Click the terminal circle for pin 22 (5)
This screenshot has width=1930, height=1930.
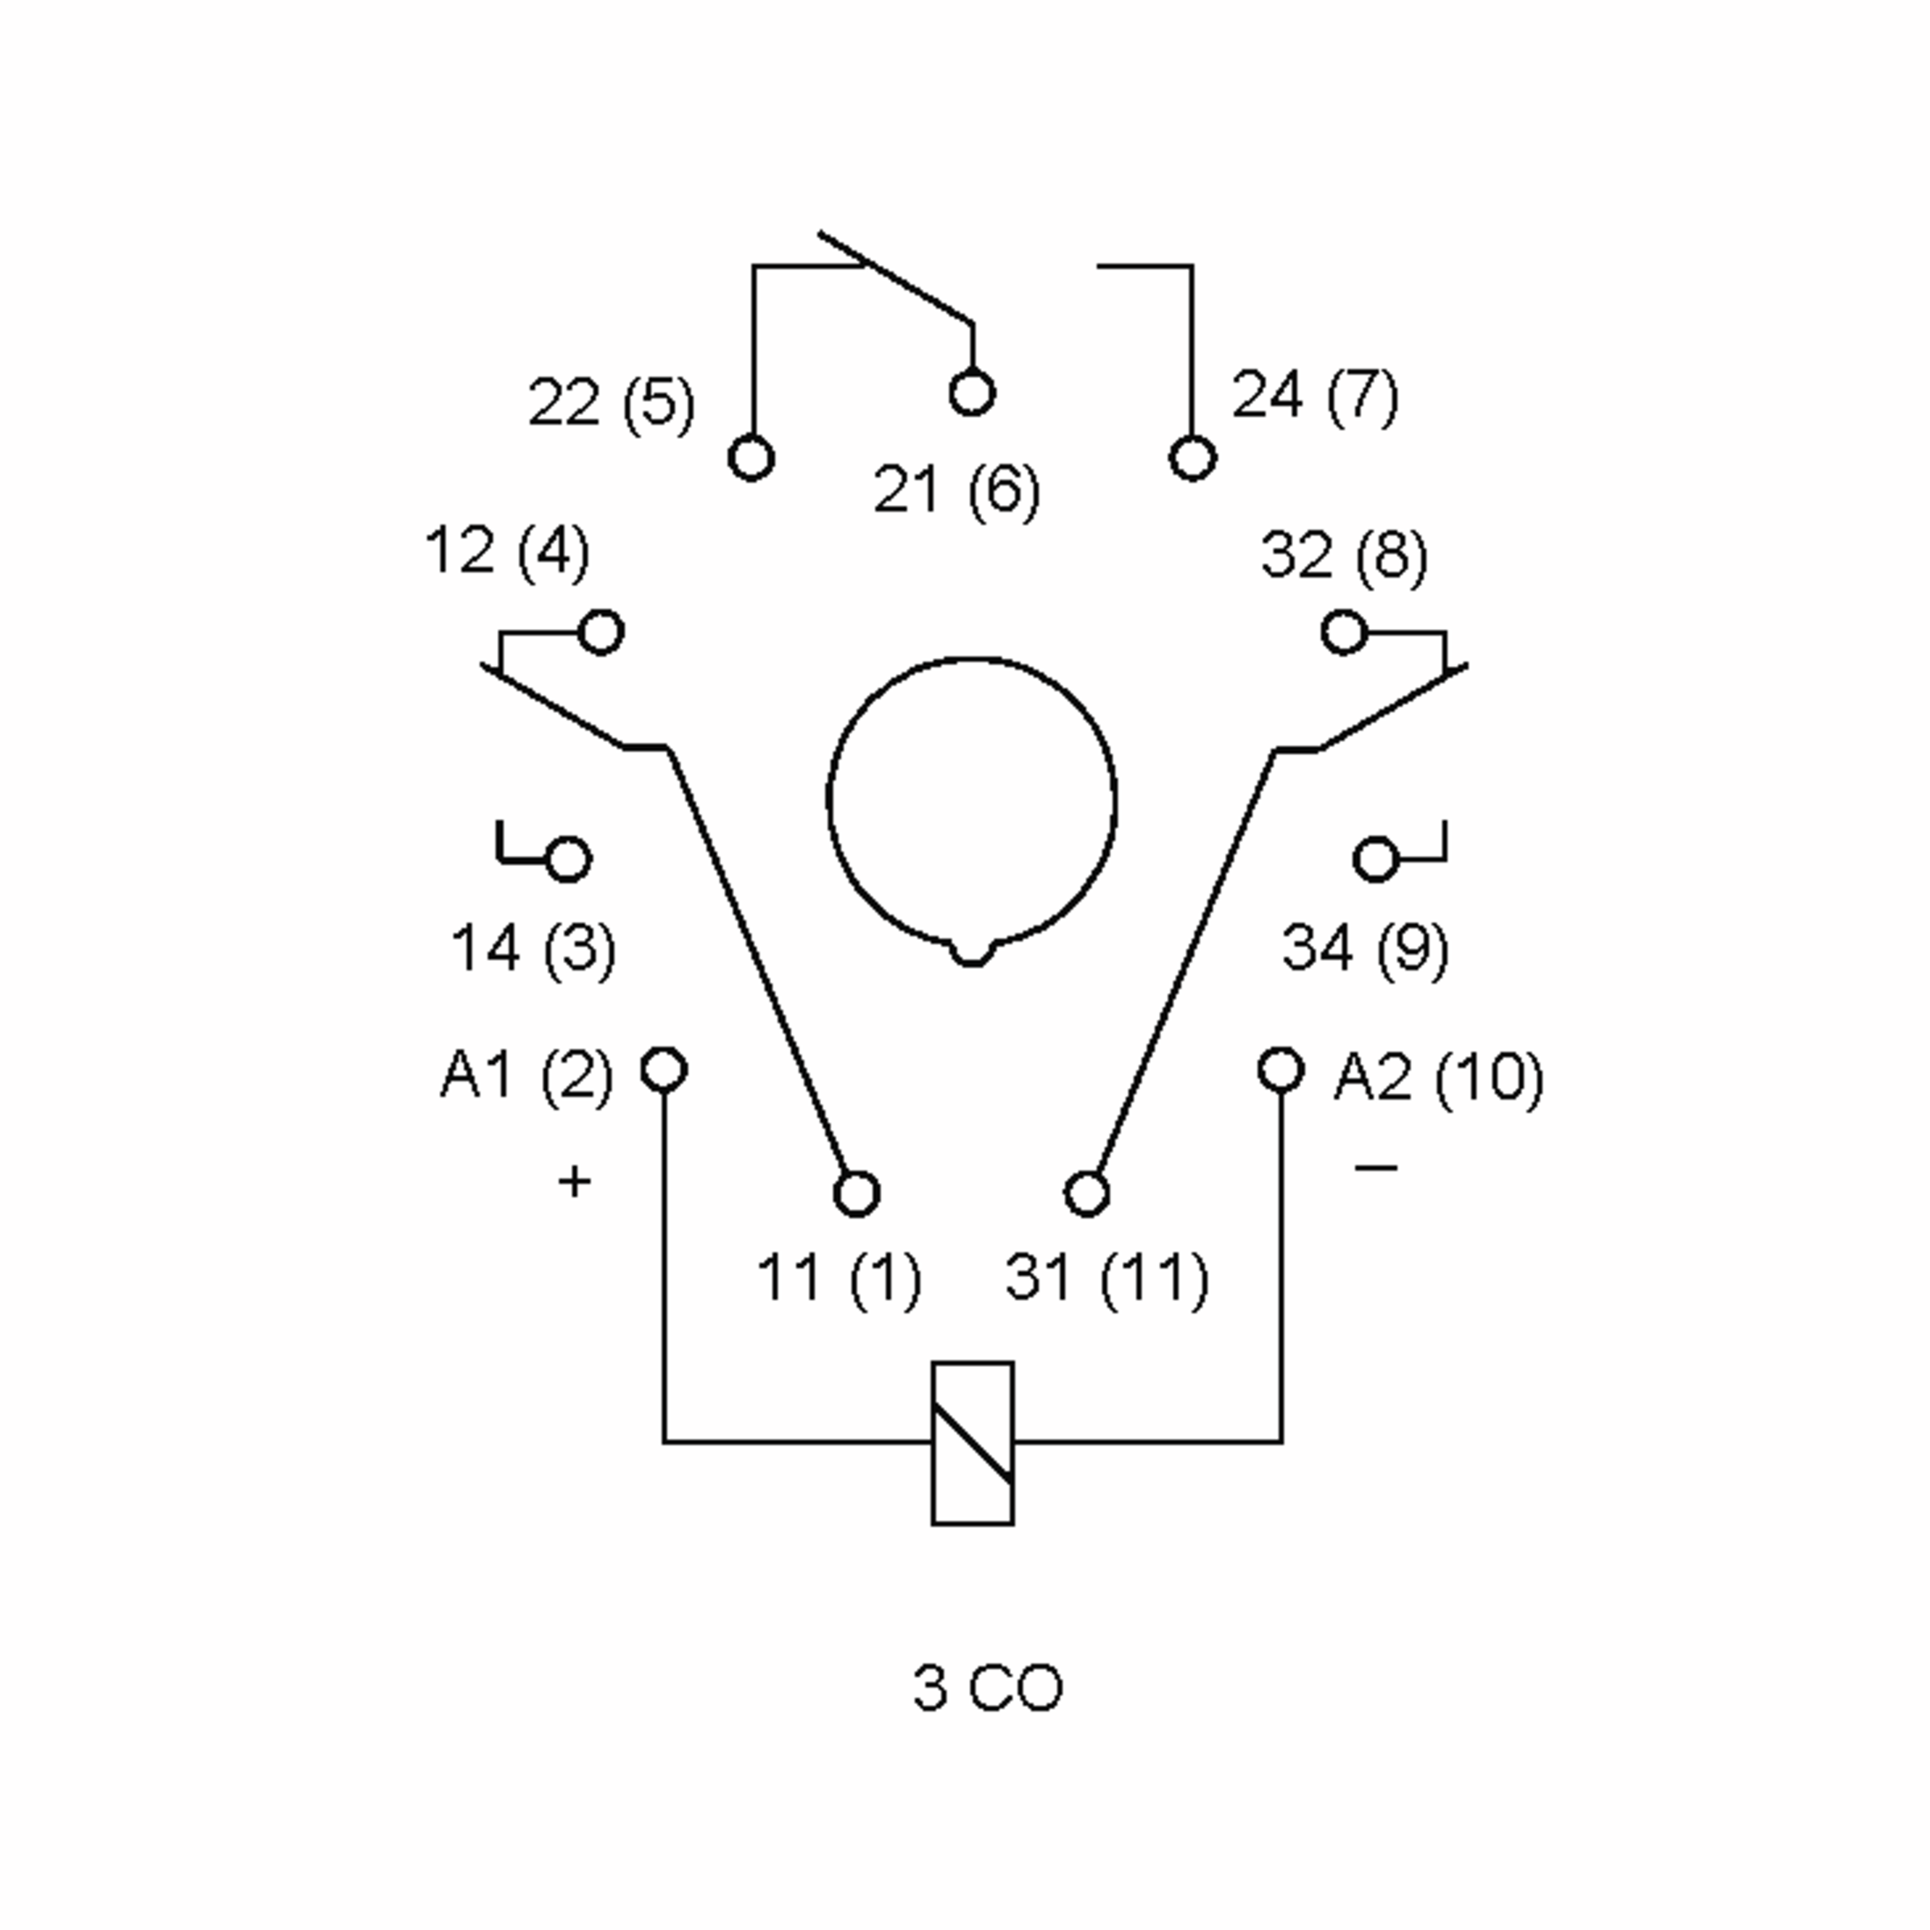point(751,458)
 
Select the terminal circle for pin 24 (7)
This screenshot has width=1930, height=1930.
point(1192,458)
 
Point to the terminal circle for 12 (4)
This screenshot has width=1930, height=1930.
point(602,632)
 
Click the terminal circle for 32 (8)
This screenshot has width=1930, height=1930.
point(1344,632)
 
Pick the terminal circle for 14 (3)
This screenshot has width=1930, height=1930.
point(569,859)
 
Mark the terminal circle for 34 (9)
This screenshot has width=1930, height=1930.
point(1376,859)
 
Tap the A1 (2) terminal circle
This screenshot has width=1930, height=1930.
point(663,1069)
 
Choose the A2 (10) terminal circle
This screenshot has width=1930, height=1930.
point(1281,1069)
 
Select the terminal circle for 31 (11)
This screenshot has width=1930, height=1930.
point(1087,1193)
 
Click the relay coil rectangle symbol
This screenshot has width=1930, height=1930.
point(972,1443)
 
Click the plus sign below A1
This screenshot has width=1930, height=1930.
point(574,1182)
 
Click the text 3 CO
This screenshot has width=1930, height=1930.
point(987,1687)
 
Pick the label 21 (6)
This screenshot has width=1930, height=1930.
point(956,491)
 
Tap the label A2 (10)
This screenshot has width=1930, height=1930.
point(1439,1077)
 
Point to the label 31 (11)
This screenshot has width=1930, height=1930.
point(1106,1278)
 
